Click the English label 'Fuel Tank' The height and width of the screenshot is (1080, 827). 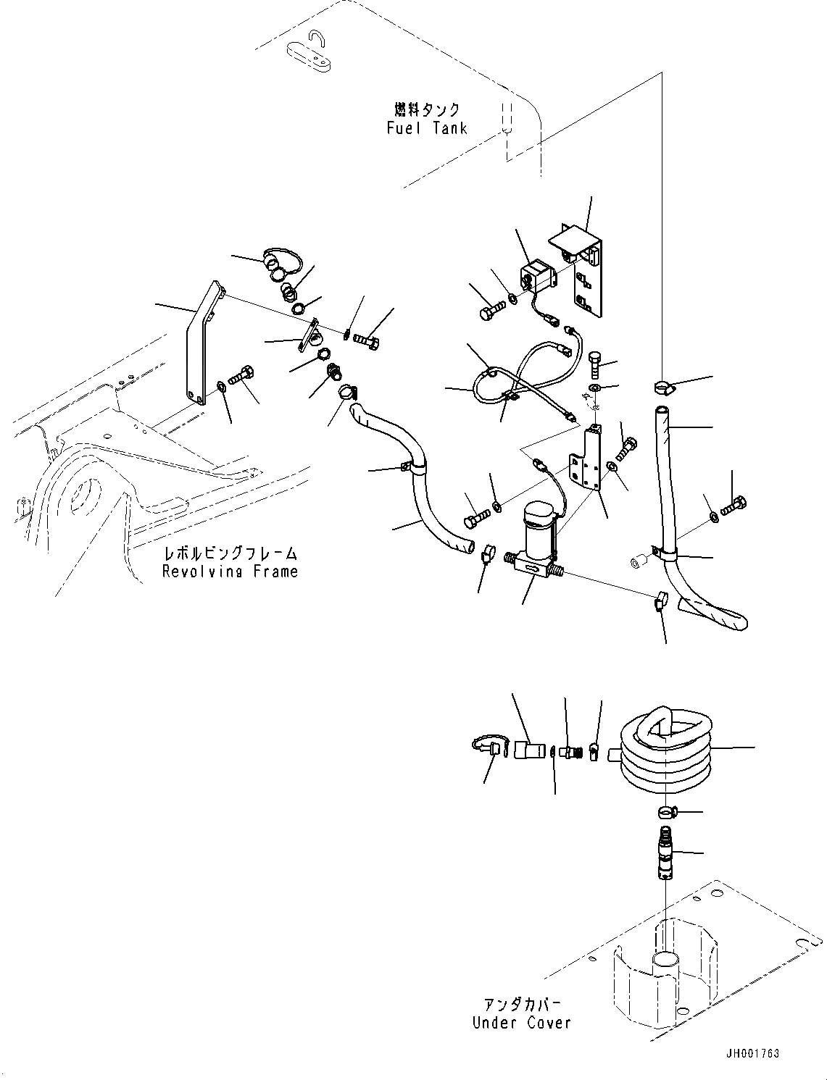(426, 129)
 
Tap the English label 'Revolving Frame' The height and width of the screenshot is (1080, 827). (230, 572)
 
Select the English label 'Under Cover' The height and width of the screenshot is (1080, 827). (521, 1023)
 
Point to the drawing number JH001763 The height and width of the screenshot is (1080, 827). (750, 1053)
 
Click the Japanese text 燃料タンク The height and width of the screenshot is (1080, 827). (427, 109)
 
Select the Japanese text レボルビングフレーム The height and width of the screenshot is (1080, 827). (230, 554)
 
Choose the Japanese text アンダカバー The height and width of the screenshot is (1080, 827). (523, 1005)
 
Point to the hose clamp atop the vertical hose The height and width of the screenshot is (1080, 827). (665, 388)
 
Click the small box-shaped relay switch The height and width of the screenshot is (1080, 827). (536, 276)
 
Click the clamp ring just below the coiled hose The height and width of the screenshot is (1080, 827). (666, 811)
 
